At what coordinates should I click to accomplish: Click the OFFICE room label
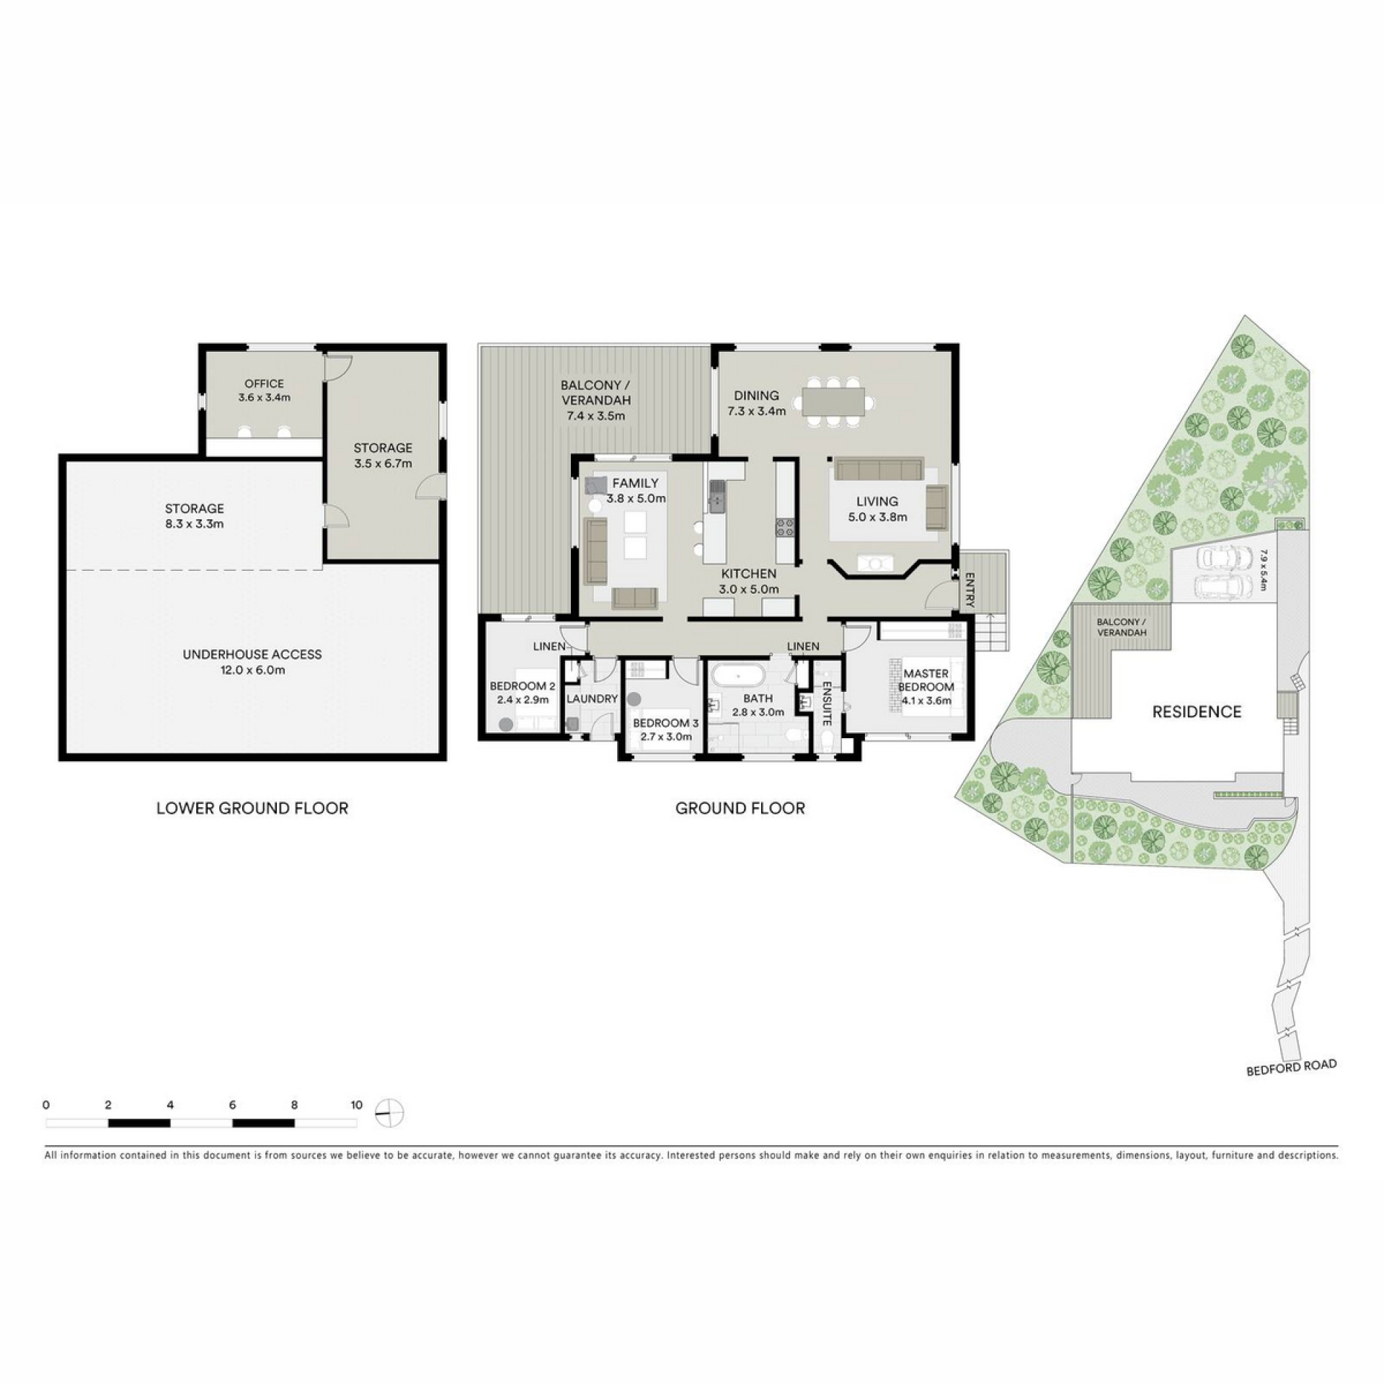click(264, 383)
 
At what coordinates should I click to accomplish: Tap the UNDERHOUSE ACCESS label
click(252, 655)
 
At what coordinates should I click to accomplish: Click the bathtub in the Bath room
click(738, 678)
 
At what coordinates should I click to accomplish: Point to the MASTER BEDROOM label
click(926, 680)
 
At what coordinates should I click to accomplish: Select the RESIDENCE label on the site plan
click(1197, 712)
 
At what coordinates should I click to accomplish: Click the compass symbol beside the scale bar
click(389, 1114)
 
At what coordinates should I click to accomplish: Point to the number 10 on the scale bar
click(356, 1104)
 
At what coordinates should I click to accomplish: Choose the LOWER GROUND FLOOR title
click(252, 808)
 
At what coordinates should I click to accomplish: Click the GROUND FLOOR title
click(740, 808)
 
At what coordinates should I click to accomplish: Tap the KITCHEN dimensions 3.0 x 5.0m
click(749, 589)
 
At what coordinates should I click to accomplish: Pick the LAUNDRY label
click(592, 698)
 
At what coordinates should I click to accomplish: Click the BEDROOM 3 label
click(665, 723)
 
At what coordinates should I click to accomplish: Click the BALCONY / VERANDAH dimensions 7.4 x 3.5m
click(595, 416)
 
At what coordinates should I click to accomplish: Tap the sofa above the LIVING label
click(879, 469)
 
